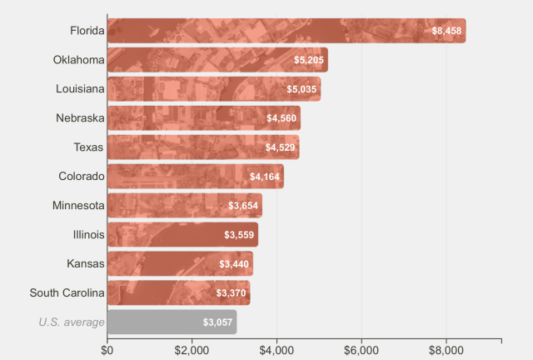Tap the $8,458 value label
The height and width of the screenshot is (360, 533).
(x=446, y=31)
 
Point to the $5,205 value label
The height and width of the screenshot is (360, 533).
(x=308, y=60)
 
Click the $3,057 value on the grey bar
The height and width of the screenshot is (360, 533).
(x=217, y=322)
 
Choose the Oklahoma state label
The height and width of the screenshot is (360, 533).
(x=78, y=60)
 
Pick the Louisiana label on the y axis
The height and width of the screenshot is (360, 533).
(x=80, y=89)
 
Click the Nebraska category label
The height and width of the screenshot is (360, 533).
(x=80, y=118)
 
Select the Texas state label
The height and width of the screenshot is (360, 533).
(x=89, y=147)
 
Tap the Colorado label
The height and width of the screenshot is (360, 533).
(x=82, y=176)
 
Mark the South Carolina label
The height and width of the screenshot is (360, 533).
(x=67, y=292)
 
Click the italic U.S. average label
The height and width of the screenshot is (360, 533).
(x=72, y=322)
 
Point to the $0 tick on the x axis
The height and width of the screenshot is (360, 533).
(x=107, y=350)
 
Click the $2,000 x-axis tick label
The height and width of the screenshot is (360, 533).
(x=192, y=350)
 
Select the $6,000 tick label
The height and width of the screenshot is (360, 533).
(x=361, y=350)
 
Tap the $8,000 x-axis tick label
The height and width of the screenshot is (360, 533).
(x=446, y=350)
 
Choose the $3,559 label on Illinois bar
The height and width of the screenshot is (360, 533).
(x=239, y=235)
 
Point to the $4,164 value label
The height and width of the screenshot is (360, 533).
(x=265, y=177)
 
